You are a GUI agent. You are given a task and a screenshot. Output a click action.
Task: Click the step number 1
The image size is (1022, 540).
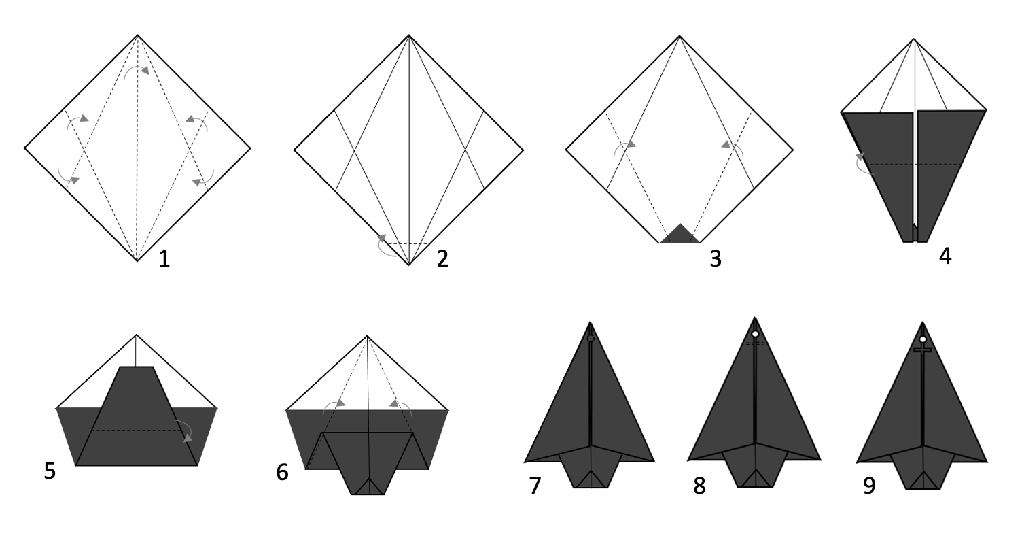point(164,259)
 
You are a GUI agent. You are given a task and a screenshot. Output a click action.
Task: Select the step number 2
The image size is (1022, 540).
point(442,259)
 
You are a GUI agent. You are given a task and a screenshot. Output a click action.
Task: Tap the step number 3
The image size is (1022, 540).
point(716,259)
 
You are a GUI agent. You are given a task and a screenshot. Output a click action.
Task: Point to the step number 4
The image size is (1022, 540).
point(945,256)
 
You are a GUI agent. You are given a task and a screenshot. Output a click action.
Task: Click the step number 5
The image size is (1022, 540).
point(50,471)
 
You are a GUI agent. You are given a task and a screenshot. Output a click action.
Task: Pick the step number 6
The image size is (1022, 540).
point(283,473)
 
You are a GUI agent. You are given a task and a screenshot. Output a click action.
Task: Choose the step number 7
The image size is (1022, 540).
point(535,486)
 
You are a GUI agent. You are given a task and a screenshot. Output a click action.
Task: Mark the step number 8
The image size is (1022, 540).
point(699,486)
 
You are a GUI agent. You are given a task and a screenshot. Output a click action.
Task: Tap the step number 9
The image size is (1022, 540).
point(869,486)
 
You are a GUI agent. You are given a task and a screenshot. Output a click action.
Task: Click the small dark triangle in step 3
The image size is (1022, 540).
point(680,235)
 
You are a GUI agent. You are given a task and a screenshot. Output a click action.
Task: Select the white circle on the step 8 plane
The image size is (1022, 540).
point(755,334)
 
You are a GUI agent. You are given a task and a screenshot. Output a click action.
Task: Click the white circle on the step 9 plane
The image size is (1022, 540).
point(923,339)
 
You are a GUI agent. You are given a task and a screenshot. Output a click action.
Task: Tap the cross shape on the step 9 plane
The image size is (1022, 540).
point(923,350)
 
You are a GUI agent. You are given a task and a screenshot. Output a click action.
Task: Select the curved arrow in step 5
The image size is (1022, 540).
point(185,428)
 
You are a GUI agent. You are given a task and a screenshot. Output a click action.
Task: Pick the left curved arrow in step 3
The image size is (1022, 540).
point(624,146)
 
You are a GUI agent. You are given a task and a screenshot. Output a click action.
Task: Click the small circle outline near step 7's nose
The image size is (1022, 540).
point(591,338)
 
